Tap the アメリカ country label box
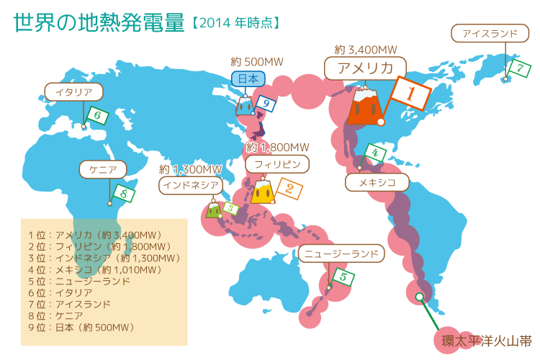[364, 68]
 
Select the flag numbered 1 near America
[409, 94]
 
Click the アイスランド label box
[490, 34]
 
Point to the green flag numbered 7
[519, 68]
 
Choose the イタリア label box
[73, 91]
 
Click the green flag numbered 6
[97, 115]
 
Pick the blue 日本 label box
[248, 78]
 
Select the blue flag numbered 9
[266, 104]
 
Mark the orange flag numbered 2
[289, 189]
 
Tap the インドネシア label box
[190, 185]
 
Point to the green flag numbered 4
[374, 153]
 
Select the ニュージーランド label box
[342, 254]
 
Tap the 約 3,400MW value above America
[366, 50]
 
